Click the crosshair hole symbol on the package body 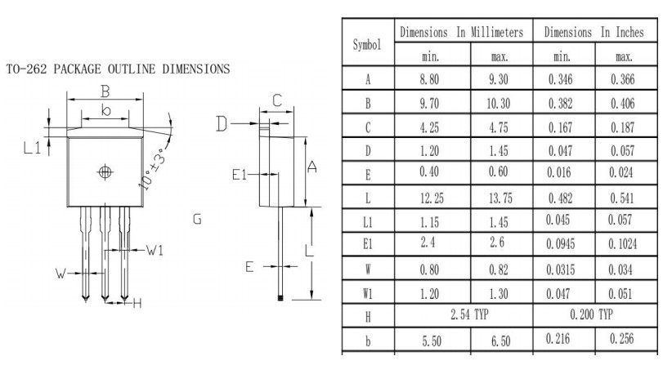[105, 172]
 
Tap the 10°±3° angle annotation [153, 168]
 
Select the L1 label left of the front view [32, 148]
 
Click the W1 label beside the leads [155, 250]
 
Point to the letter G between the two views [197, 220]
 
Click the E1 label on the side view [240, 175]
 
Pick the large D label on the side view [222, 123]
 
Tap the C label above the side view [277, 100]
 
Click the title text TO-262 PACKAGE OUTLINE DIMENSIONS [119, 69]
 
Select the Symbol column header [367, 44]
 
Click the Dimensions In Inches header [594, 32]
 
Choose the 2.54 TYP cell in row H [469, 315]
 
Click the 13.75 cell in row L [500, 198]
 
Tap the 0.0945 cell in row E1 [561, 244]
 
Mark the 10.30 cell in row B [499, 104]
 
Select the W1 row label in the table [368, 293]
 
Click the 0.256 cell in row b [622, 339]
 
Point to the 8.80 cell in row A [429, 79]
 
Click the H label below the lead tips [137, 304]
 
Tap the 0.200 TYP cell [591, 314]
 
